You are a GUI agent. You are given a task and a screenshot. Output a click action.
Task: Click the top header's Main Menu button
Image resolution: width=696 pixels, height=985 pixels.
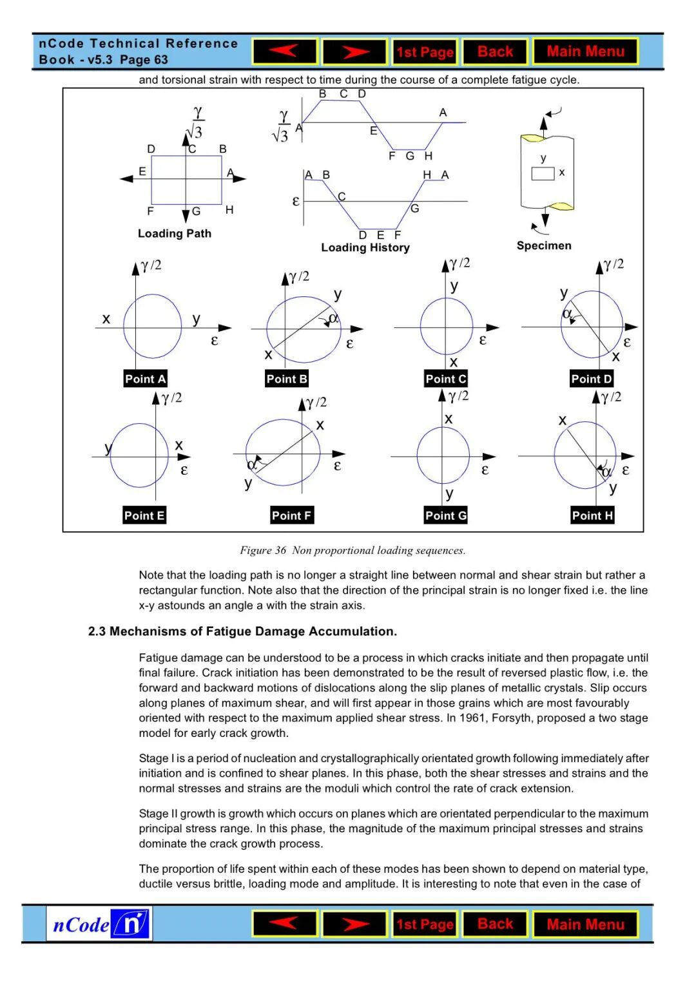click(585, 52)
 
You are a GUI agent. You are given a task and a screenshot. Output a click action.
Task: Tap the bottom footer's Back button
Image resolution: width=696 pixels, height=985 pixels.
click(495, 924)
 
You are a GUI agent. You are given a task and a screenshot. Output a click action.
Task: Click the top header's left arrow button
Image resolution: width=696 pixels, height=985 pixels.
click(285, 52)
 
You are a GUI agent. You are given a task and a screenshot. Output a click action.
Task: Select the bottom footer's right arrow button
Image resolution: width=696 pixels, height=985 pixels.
click(354, 924)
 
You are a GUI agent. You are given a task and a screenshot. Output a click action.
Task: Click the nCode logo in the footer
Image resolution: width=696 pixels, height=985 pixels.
click(99, 924)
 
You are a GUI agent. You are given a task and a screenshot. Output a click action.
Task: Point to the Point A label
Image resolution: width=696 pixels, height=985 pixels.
click(145, 379)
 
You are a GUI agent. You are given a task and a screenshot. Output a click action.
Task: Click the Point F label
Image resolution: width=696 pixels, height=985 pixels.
click(291, 515)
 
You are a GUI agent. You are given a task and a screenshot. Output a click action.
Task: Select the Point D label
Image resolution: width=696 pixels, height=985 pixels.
click(592, 379)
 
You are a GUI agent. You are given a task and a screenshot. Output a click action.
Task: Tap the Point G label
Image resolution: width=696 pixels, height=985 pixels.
click(445, 515)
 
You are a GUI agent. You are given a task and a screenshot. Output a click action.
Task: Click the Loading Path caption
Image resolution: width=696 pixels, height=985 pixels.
click(174, 233)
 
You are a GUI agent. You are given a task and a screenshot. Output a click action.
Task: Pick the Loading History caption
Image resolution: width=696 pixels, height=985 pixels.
click(365, 247)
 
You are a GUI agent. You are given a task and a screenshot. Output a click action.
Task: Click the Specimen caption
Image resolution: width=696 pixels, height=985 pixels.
click(544, 245)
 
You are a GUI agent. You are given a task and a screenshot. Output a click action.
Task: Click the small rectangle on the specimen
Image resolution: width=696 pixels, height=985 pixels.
click(543, 173)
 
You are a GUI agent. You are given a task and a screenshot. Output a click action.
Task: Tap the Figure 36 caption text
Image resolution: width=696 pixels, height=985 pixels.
click(353, 550)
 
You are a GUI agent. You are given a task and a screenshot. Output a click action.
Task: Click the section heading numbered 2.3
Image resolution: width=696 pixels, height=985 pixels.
click(242, 631)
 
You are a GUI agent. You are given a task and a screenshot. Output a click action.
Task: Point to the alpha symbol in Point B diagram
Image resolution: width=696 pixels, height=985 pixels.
click(334, 318)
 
